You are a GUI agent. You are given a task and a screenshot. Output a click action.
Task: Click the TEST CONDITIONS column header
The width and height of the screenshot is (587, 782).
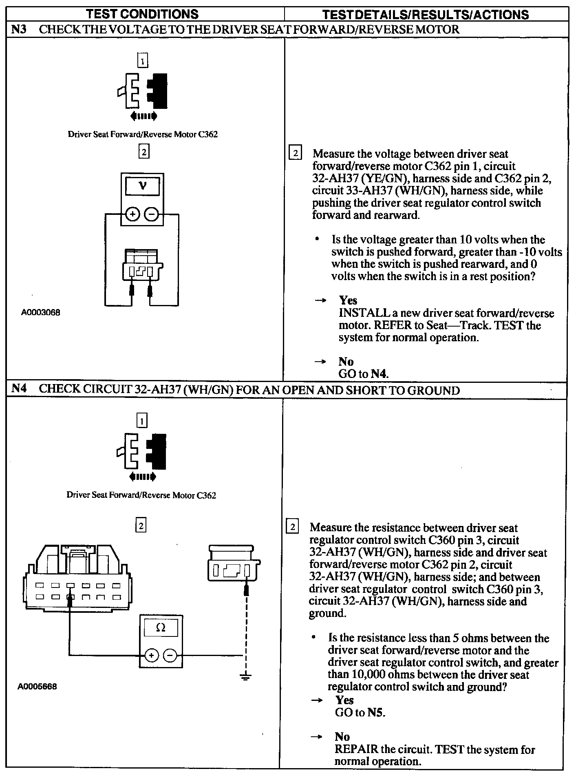tap(142, 14)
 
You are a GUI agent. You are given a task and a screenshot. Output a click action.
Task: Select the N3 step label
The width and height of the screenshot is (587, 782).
tap(19, 29)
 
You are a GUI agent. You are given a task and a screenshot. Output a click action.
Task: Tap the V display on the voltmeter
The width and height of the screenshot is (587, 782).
tap(142, 187)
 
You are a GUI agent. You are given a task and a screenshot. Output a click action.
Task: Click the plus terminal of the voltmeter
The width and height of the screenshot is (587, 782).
tap(132, 214)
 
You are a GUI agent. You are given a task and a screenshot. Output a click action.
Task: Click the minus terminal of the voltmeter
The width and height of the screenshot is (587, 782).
tap(151, 214)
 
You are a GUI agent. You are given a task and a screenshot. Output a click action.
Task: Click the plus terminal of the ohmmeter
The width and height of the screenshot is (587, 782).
tap(151, 656)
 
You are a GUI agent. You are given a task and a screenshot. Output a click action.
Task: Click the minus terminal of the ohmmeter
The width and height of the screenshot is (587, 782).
tap(170, 656)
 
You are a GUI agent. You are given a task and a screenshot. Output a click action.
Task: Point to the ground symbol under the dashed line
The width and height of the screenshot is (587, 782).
tap(245, 677)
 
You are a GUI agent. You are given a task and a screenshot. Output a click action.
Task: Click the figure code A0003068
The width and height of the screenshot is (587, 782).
tap(41, 313)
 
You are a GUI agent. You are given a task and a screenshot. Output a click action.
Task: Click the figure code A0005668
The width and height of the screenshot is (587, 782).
tap(38, 686)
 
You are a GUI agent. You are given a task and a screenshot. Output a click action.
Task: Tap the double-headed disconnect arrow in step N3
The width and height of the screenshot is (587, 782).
tap(143, 117)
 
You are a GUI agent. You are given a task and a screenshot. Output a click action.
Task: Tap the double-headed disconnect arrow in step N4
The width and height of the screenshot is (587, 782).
tap(142, 476)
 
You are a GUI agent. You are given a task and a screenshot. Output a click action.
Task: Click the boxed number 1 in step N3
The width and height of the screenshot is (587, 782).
tap(143, 61)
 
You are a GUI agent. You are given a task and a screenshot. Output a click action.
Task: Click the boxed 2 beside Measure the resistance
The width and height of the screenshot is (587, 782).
tap(292, 527)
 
